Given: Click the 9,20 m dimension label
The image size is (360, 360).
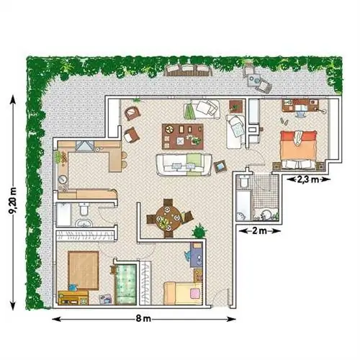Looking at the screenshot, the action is point(13,201).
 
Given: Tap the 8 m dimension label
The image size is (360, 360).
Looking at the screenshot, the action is point(143,318).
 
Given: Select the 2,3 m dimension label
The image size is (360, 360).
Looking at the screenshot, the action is point(308,179).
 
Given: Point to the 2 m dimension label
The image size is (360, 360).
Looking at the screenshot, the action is point(260,231).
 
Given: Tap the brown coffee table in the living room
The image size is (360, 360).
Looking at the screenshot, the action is point(183,136).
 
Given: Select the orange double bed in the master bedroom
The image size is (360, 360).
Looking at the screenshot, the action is point(298,149).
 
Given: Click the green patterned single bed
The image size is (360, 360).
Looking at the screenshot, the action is point(126,284).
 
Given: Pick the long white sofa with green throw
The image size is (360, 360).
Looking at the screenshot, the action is point(184,165).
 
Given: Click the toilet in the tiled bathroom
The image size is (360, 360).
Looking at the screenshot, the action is point(244,182).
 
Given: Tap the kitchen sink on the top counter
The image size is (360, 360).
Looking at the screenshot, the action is point(84,145).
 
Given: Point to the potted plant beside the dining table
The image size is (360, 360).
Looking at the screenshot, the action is point(199,231).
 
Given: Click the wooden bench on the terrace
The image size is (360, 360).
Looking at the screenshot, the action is point(189,70).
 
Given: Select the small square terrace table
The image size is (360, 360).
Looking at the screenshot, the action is point(254,80).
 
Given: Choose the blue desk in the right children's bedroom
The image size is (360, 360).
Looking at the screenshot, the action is point(197,255).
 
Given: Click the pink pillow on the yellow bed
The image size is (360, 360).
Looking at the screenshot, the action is point(195,294).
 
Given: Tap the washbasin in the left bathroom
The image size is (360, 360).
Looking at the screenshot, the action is point(84,224).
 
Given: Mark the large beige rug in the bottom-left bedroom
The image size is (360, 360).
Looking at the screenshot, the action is point(84,271).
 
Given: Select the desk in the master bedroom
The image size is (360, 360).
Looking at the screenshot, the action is point(300,105).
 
